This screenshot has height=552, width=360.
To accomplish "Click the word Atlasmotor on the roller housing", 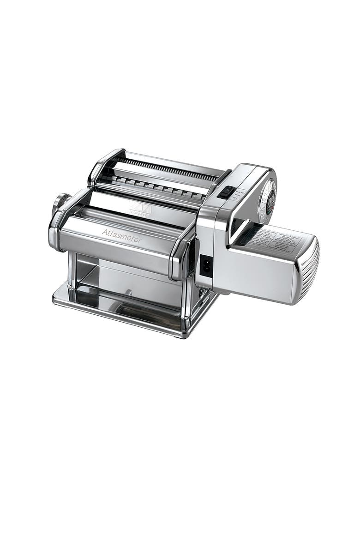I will pyautogui.click(x=122, y=236).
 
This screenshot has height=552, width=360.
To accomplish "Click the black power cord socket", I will pyautogui.click(x=206, y=265).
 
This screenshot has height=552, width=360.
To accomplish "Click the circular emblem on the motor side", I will pyautogui.click(x=268, y=199).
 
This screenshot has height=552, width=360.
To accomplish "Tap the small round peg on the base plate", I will pyautogui.click(x=129, y=292).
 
